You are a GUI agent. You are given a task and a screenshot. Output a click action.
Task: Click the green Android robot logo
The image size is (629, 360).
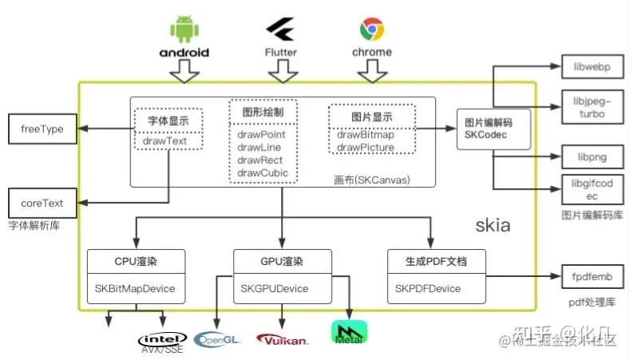click(184, 29)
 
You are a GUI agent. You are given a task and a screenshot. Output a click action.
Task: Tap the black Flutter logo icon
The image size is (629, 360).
click(280, 30)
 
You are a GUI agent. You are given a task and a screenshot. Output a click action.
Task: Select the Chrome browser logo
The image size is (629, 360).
click(372, 30)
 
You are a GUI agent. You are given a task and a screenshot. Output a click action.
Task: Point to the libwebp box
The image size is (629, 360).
click(591, 66)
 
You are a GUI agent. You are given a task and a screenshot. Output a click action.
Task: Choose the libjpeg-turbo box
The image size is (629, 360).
click(591, 106)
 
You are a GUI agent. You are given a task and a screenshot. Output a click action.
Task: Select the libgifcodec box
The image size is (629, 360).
click(591, 189)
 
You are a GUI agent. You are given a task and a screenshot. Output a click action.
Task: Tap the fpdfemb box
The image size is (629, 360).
click(591, 277)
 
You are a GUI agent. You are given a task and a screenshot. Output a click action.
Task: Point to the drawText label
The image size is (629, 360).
click(168, 140)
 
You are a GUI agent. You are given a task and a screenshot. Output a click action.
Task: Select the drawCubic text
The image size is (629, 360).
click(262, 172)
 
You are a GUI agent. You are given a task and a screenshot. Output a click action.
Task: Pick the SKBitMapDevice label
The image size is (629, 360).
click(136, 287)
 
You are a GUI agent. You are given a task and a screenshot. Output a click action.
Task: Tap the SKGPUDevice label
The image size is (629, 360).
click(274, 287)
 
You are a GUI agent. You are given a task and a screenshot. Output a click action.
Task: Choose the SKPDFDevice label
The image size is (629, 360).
click(428, 287)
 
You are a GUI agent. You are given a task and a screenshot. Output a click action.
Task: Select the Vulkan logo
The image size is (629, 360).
click(283, 339)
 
